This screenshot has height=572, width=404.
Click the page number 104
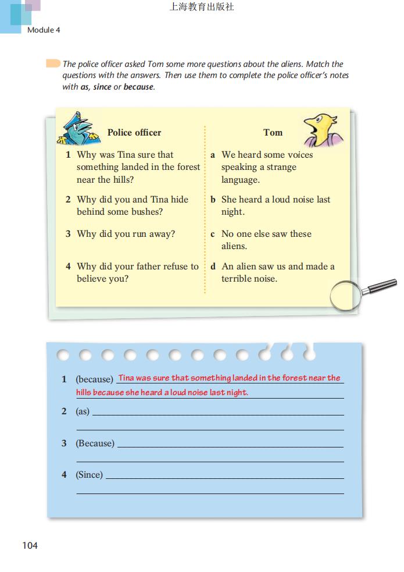pos(30,545)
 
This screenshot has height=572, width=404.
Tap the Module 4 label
pos(44,30)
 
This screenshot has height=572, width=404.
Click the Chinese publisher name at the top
pos(202,8)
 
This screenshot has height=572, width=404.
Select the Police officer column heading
pos(134,133)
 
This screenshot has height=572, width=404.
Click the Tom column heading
pos(273,133)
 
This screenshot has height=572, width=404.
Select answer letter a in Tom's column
pos(213,155)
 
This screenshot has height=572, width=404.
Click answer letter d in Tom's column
pos(213,267)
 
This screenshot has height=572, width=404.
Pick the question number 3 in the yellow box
pos(68,234)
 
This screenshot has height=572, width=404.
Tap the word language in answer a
pos(240,180)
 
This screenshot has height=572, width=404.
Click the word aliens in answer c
pos(234,246)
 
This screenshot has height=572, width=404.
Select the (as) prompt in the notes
pos(83,411)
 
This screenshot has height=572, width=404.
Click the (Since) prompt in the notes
pos(89,475)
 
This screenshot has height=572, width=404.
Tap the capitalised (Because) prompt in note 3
pos(95,443)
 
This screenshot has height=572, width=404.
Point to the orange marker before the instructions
pos(53,63)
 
